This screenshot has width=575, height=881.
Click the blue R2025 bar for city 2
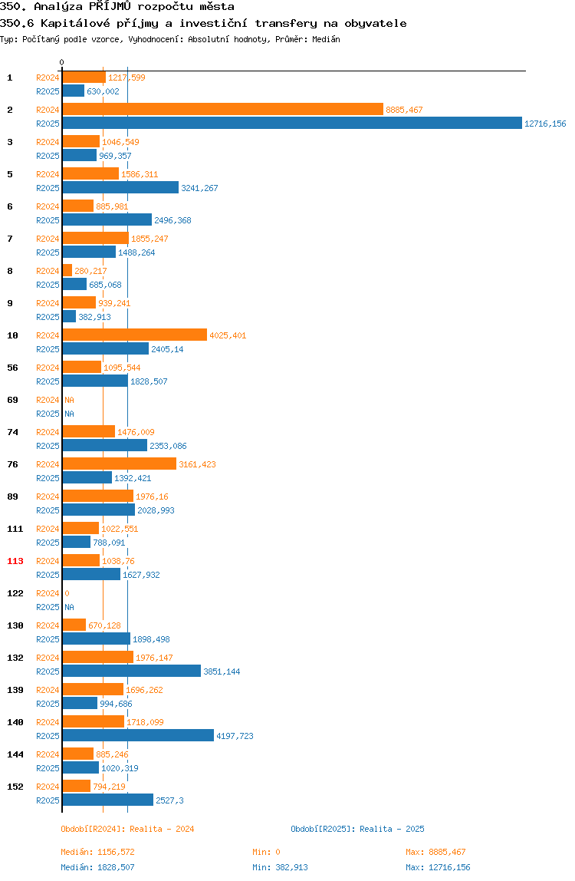pyautogui.click(x=292, y=123)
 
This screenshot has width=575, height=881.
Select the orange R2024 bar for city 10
pyautogui.click(x=135, y=335)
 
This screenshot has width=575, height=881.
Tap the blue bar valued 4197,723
pyautogui.click(x=138, y=735)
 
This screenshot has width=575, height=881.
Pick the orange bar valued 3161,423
pyautogui.click(x=120, y=464)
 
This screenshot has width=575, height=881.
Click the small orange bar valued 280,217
pyautogui.click(x=67, y=271)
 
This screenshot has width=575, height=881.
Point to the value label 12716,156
pyautogui.click(x=545, y=124)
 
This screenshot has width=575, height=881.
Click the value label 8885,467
pyautogui.click(x=404, y=111)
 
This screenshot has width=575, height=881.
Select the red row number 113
pyautogui.click(x=15, y=561)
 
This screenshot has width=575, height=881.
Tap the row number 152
pyautogui.click(x=15, y=787)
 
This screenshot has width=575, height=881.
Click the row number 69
pyautogui.click(x=12, y=400)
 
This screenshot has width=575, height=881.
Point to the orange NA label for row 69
pyautogui.click(x=69, y=400)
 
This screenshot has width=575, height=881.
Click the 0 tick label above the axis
pyautogui.click(x=62, y=62)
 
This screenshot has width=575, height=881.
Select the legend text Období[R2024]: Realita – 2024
pyautogui.click(x=127, y=829)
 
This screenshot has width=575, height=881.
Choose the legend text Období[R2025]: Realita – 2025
pyautogui.click(x=358, y=829)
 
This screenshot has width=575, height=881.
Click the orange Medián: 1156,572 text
pyautogui.click(x=97, y=852)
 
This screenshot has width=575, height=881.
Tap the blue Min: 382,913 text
pyautogui.click(x=280, y=867)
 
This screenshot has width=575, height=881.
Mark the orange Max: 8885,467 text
pyautogui.click(x=435, y=852)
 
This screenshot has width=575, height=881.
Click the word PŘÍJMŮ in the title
pyautogui.click(x=110, y=7)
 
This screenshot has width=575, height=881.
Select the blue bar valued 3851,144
pyautogui.click(x=131, y=671)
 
